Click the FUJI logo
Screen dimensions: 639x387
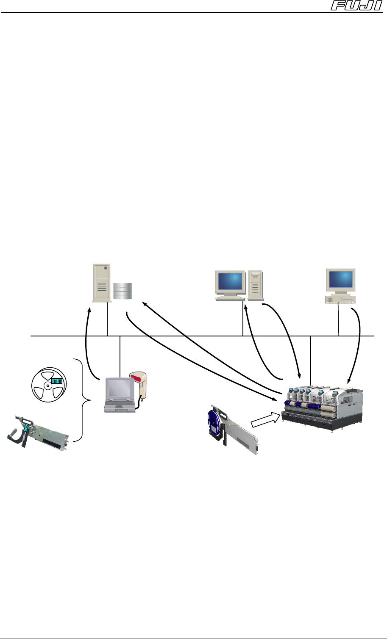pos(358,6)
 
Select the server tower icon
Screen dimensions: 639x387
pos(101,282)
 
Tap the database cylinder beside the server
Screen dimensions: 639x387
pos(123,291)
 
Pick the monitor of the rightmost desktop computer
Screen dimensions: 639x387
pos(340,280)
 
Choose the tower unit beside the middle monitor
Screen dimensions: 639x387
pos(256,286)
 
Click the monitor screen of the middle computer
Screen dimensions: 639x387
pos(230,281)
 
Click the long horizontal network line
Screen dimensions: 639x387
pos(191,336)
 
